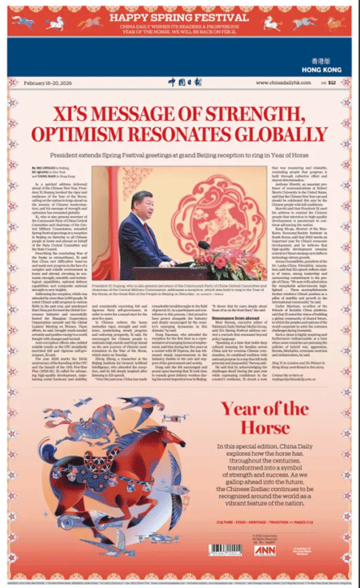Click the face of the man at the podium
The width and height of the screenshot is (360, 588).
(138, 198)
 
